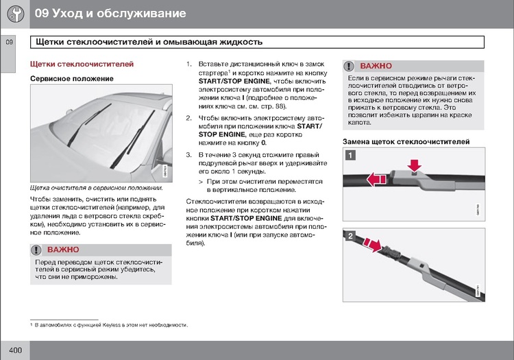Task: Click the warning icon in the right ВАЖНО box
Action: (350, 67)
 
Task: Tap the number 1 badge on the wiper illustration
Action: (350, 155)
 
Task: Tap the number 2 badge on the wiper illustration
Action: (350, 237)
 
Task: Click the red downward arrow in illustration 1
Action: (414, 165)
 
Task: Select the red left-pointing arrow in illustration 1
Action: (374, 180)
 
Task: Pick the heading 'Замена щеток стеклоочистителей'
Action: (406, 141)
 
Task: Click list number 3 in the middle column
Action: (189, 155)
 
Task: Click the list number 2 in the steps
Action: (189, 118)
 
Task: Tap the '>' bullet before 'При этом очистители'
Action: (201, 181)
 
